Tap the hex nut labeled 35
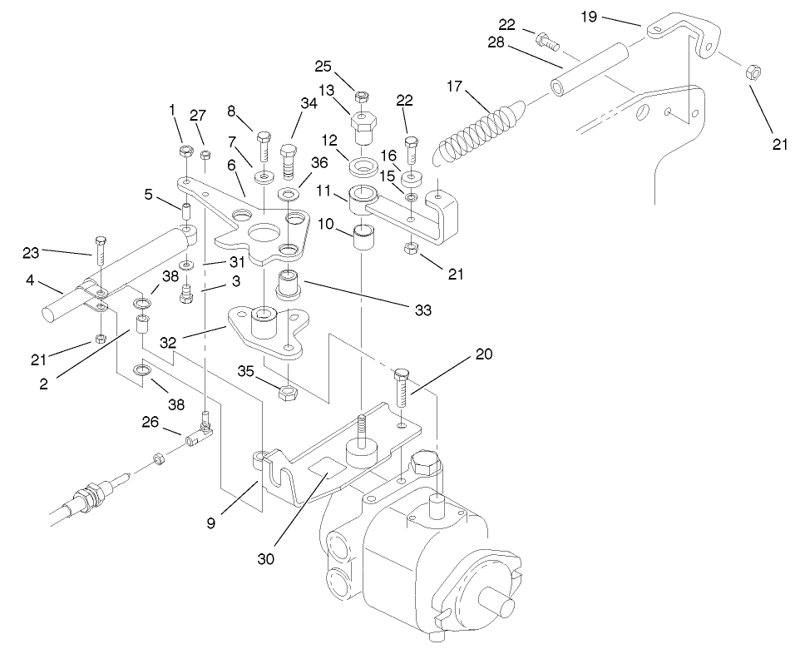(x=284, y=391)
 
